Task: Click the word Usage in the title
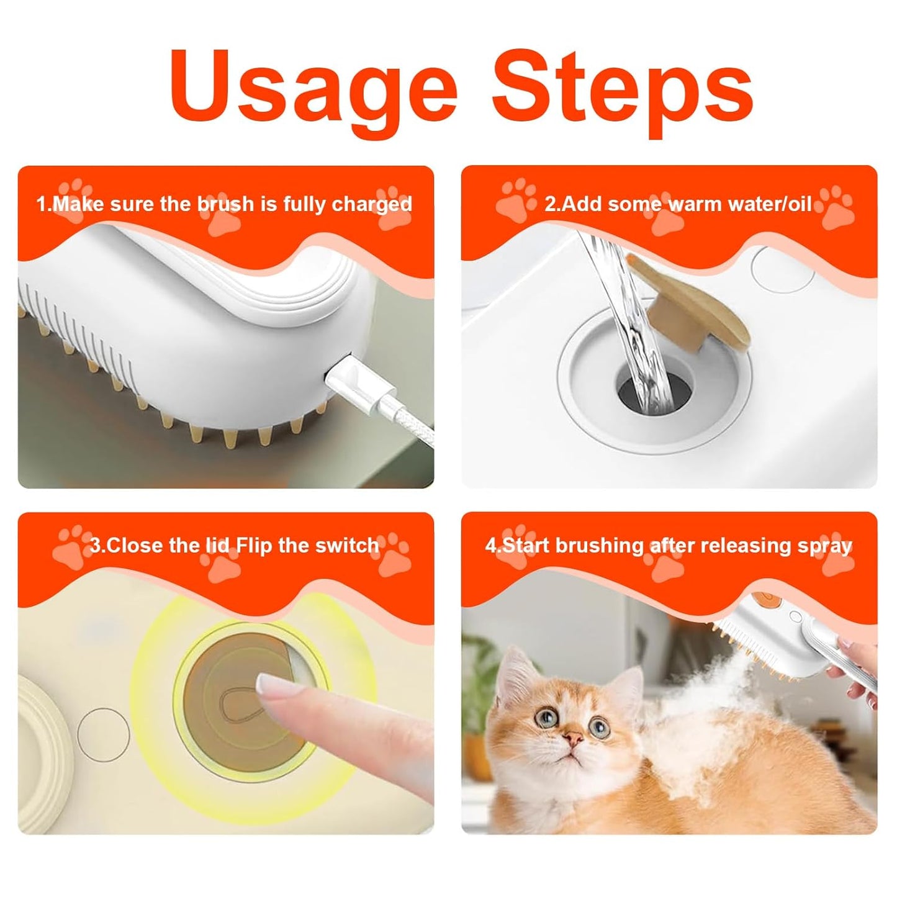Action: click(x=313, y=87)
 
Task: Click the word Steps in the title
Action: click(x=622, y=87)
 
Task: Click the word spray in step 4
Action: click(x=826, y=546)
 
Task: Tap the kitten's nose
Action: click(x=574, y=739)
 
